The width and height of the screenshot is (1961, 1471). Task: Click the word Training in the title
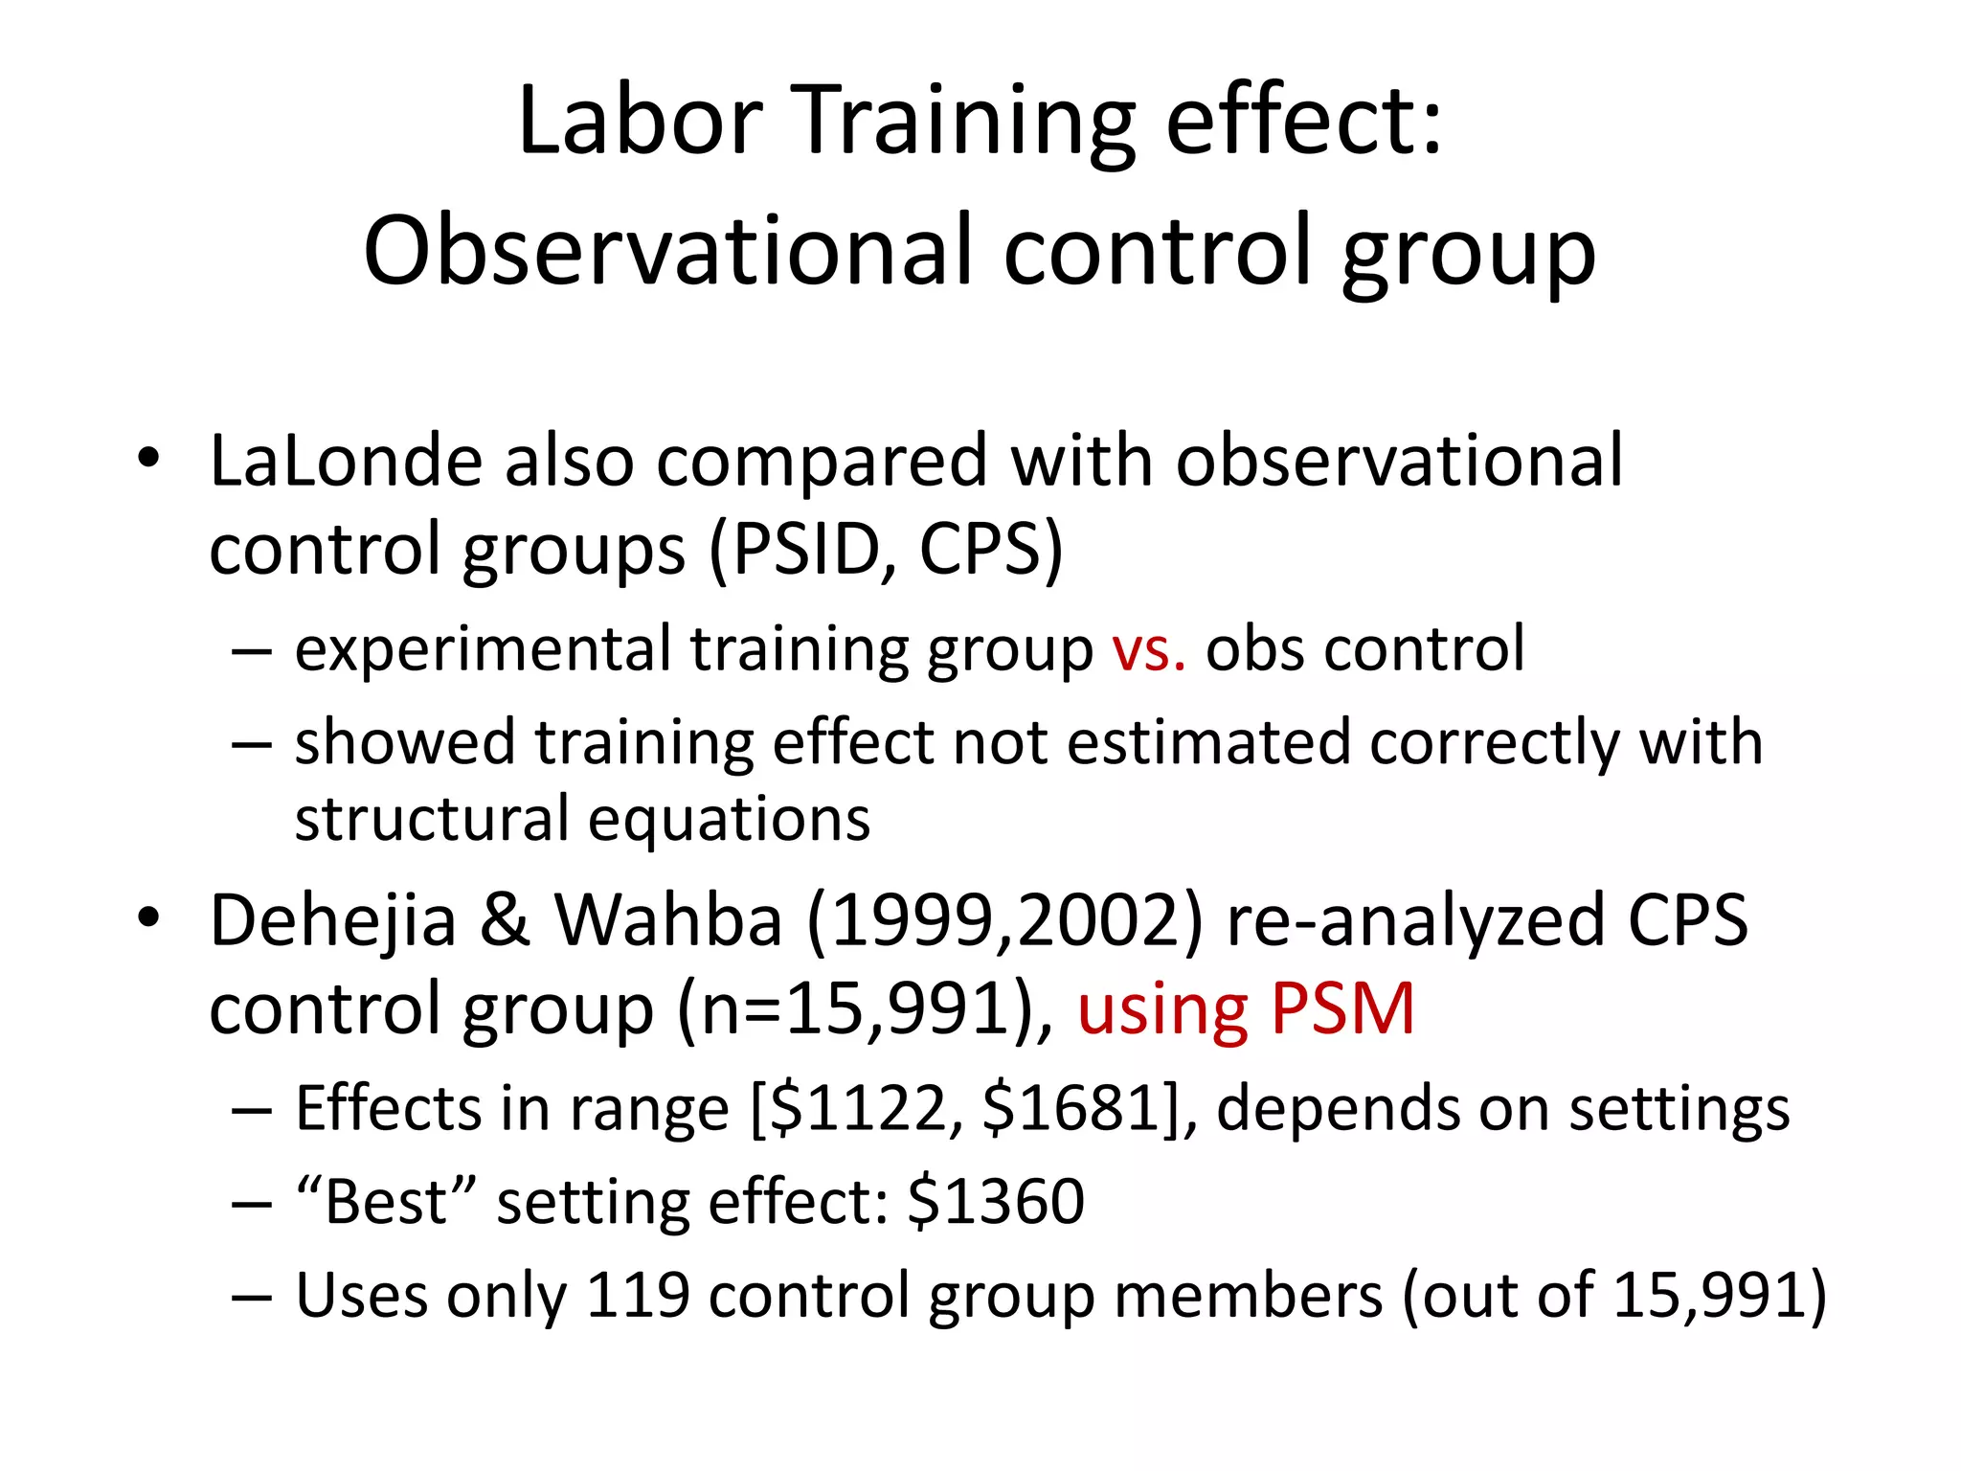click(967, 122)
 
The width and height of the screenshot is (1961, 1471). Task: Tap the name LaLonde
click(346, 461)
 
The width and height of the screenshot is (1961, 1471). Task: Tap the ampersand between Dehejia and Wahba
click(505, 920)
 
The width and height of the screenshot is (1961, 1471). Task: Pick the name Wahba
click(668, 920)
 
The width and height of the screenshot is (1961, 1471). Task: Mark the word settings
click(1679, 1110)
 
